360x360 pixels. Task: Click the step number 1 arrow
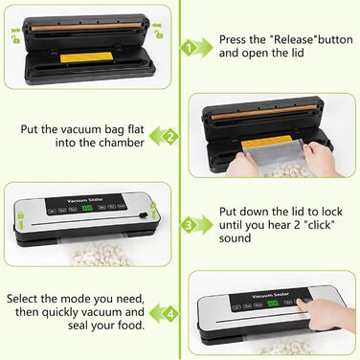[x=196, y=48]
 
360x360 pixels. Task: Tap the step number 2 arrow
[x=165, y=136]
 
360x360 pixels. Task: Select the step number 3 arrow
[x=196, y=225]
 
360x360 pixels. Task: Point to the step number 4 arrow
[x=165, y=313]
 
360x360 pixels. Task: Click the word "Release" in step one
[x=294, y=39]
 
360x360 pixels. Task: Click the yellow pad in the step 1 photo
[x=86, y=57]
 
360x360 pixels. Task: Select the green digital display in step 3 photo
[x=87, y=208]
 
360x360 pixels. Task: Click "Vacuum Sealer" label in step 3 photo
[x=85, y=200]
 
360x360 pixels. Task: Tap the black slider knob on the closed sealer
[x=144, y=215]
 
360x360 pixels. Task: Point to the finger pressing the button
[x=304, y=304]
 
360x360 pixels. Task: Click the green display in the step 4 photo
[x=273, y=303]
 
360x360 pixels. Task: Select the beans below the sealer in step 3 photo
[x=101, y=256]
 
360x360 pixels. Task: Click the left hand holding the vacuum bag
[x=242, y=164]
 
